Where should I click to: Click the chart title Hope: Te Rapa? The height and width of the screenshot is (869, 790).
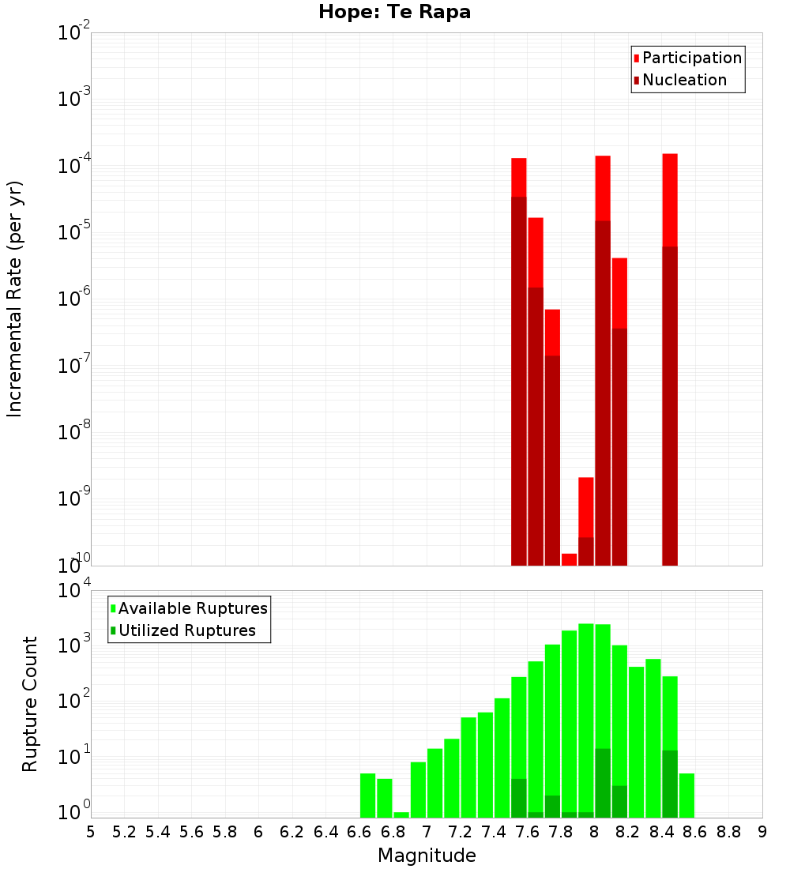(394, 13)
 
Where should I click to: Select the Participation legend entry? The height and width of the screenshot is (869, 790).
(691, 58)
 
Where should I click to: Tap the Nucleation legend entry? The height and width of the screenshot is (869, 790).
(683, 80)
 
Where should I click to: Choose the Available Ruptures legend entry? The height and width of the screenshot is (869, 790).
(192, 608)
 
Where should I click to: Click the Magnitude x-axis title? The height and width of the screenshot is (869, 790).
(427, 855)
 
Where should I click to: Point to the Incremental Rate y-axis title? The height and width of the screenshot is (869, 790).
(15, 299)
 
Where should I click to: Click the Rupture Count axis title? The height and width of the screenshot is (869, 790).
(30, 703)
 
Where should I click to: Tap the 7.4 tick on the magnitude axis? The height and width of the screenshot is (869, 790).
(494, 831)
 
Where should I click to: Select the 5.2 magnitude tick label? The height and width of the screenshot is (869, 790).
(125, 831)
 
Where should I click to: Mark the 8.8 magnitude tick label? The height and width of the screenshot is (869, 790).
(728, 831)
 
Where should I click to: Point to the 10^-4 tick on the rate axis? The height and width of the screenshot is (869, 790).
(74, 166)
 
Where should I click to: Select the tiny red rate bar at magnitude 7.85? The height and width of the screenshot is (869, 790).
(569, 559)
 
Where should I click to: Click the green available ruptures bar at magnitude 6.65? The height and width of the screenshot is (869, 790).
(367, 796)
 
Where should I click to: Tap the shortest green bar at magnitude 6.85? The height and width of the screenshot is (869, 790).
(401, 814)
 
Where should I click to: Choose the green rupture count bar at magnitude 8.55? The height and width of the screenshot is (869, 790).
(687, 796)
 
